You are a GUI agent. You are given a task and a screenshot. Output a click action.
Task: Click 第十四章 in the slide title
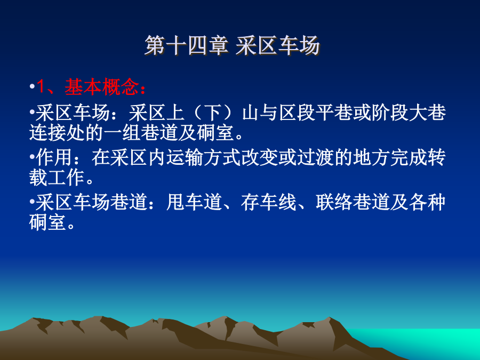click(x=187, y=46)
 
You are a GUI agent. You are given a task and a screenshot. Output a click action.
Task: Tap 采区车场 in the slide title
click(x=278, y=46)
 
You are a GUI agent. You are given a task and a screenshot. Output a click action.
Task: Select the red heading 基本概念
click(x=102, y=87)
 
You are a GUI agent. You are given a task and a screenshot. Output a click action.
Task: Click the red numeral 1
click(x=41, y=87)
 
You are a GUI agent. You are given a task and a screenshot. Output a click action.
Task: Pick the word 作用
click(x=54, y=157)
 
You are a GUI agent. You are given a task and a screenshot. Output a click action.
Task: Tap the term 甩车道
click(x=194, y=202)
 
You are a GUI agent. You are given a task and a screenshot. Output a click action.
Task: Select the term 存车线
click(x=268, y=202)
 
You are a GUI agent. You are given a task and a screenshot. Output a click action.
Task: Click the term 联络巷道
click(x=353, y=202)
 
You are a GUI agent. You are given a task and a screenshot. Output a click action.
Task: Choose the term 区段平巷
click(x=315, y=113)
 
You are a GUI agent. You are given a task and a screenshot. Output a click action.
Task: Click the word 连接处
click(x=57, y=133)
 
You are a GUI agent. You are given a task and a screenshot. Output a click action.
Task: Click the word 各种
click(x=427, y=202)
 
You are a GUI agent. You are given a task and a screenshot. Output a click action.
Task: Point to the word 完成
click(x=409, y=157)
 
